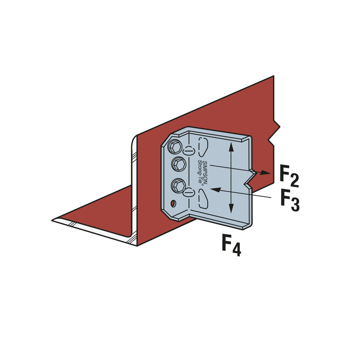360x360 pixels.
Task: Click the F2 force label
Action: tap(289, 175)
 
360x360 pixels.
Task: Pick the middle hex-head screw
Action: tap(179, 164)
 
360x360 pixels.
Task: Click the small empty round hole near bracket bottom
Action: tap(173, 203)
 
